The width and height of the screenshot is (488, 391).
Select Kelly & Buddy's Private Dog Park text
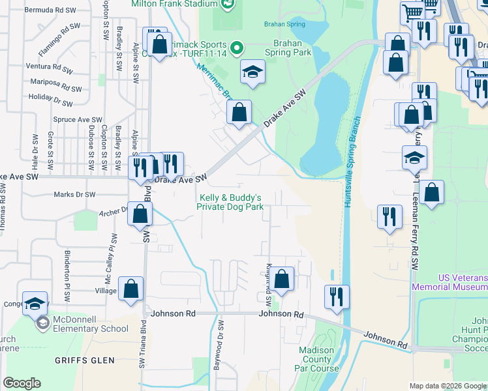pos(230,202)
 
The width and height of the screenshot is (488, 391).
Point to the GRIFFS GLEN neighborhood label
pos(85,360)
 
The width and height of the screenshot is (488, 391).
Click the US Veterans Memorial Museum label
pos(450,282)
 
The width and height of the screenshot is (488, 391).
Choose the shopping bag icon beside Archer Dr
pos(140,213)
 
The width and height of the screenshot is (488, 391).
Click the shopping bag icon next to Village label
pos(130,289)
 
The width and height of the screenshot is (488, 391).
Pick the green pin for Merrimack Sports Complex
pos(237,47)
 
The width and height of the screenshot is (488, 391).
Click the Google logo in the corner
pos(22,383)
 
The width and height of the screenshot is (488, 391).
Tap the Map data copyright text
pos(448,386)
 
